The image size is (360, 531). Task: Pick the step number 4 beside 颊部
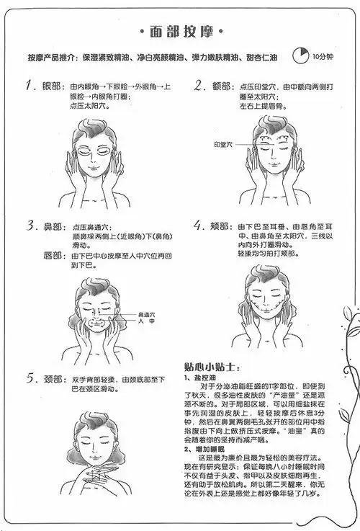[199, 226]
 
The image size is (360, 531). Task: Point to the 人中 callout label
[146, 323]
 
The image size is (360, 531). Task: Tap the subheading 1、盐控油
[203, 376]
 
